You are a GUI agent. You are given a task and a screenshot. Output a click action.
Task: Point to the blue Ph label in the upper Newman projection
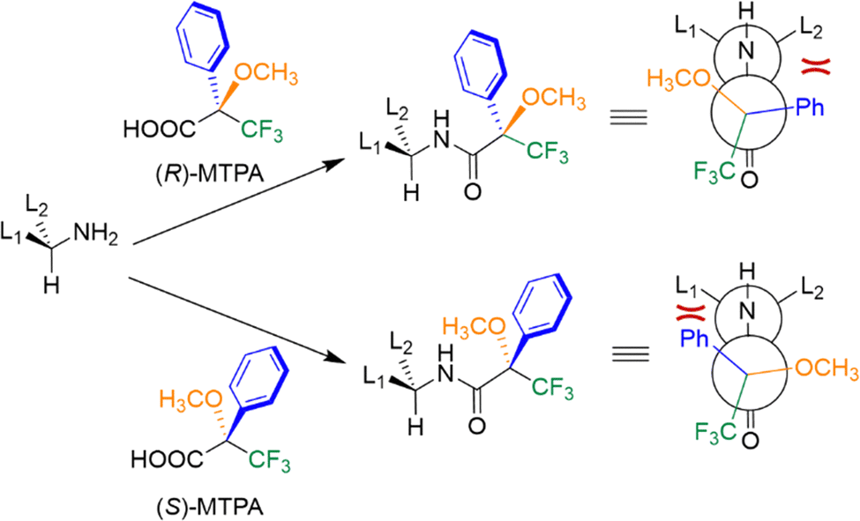tap(816, 109)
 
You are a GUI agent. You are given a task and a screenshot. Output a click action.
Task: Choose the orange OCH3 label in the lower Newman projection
tap(826, 367)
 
